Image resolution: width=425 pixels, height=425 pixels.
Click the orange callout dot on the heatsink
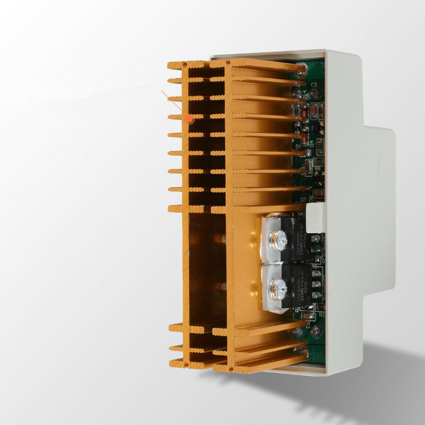click(190, 121)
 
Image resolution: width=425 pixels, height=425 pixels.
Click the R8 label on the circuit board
click(317, 169)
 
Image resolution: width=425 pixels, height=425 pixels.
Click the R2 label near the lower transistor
click(321, 314)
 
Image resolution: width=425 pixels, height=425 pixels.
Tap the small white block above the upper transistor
click(314, 218)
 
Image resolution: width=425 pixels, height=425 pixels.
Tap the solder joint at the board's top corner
click(302, 68)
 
